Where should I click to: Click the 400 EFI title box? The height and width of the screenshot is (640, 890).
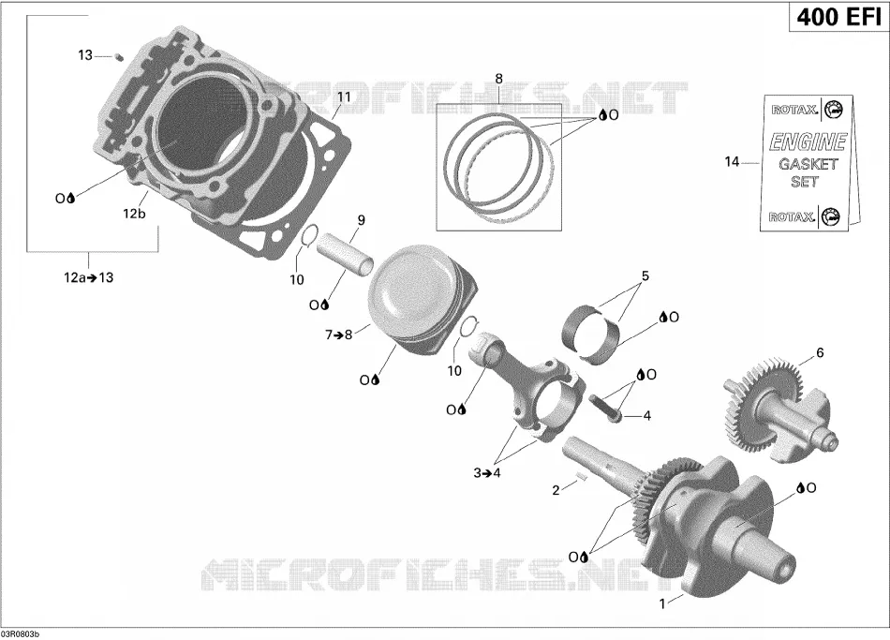click(838, 17)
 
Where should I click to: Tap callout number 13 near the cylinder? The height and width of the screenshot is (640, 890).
click(85, 55)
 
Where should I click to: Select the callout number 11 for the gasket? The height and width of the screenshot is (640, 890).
click(344, 97)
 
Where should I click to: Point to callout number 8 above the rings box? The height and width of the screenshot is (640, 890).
click(499, 79)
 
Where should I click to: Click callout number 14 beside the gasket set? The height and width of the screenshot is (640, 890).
click(732, 162)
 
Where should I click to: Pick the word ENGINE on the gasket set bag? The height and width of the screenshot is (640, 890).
click(808, 141)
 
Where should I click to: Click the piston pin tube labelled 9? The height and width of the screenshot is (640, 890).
click(345, 250)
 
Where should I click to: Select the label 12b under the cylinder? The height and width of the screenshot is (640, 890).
click(134, 214)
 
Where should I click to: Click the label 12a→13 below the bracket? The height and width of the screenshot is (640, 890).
click(89, 277)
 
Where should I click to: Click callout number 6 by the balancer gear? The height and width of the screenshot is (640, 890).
click(820, 352)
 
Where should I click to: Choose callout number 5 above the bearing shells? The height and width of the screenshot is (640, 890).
click(645, 276)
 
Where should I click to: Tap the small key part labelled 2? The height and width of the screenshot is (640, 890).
click(580, 476)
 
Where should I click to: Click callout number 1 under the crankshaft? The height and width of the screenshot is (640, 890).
click(661, 604)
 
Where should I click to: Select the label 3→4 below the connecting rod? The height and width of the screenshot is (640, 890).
click(487, 472)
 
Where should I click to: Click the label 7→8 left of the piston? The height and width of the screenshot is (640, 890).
click(339, 335)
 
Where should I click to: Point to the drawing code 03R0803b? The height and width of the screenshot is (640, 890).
click(21, 633)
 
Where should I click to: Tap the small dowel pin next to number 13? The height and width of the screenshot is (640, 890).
click(119, 56)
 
